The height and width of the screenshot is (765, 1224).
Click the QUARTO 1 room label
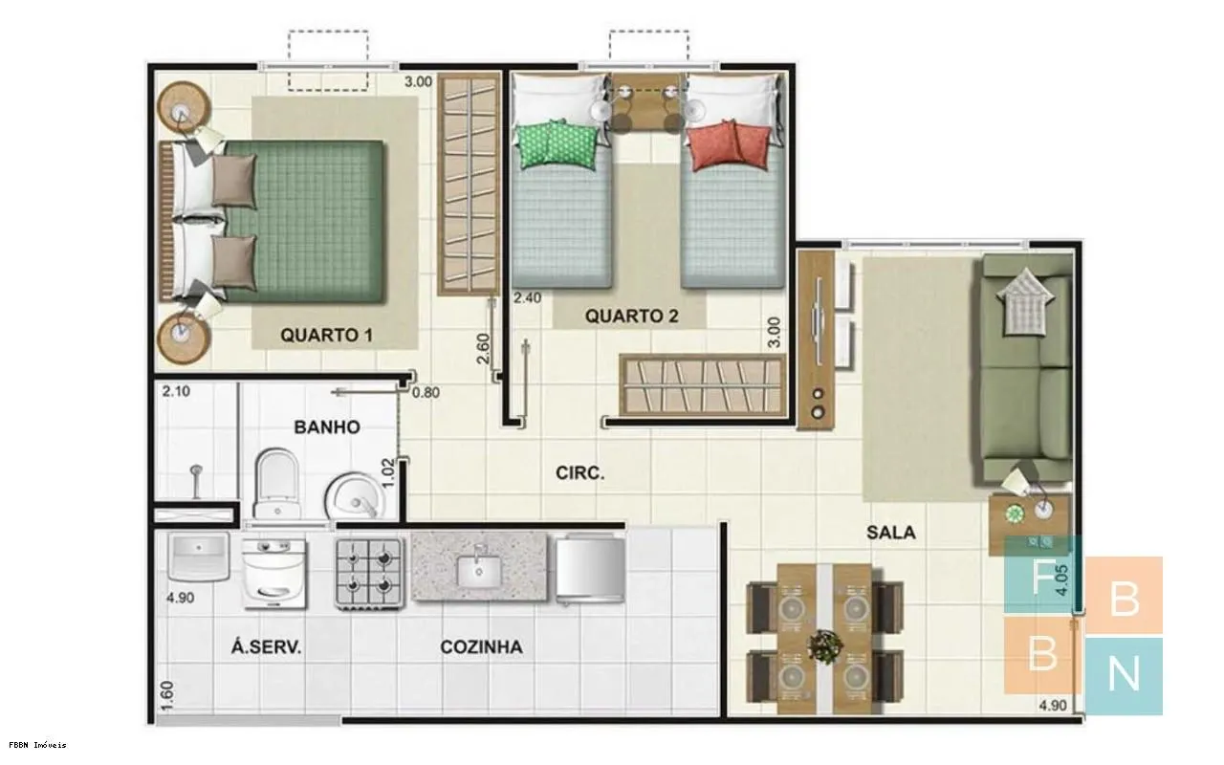[x=327, y=335]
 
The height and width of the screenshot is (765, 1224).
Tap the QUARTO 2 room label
[x=632, y=316]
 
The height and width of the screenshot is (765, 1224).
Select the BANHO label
[x=327, y=426]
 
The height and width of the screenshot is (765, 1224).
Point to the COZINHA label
[x=481, y=647]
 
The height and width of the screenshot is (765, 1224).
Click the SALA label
[x=890, y=533]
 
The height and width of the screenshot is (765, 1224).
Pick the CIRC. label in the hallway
[x=579, y=472]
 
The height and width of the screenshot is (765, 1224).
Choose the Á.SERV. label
[x=266, y=647]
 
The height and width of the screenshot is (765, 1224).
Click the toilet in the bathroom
[x=277, y=483]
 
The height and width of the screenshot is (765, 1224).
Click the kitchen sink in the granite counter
[x=479, y=569]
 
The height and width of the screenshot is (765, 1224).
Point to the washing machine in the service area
[x=273, y=573]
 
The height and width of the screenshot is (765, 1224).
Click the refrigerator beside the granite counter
[x=591, y=569]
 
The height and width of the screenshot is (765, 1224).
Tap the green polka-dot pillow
[x=556, y=143]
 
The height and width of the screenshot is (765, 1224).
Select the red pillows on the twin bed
[x=729, y=144]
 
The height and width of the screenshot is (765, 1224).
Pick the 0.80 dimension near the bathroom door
[x=426, y=392]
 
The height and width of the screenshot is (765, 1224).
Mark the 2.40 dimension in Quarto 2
[x=527, y=297]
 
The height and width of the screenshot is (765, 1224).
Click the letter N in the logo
[x=1123, y=674]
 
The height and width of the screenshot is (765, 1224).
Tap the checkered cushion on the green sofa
[x=1024, y=300]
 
